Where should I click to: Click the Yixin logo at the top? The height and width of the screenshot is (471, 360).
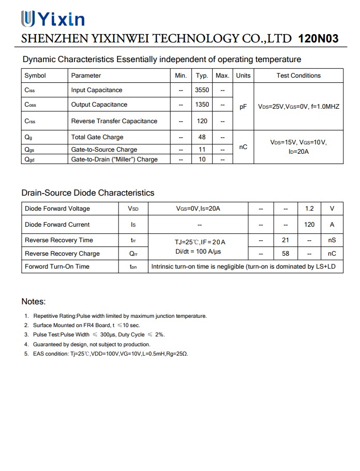point(52,19)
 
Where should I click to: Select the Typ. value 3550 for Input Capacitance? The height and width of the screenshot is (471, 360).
point(202,90)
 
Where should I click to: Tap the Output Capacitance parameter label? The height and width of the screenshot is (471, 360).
point(99,105)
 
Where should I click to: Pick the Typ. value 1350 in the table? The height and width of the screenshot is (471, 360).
point(202,105)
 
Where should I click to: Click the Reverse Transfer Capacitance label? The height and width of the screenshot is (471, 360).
point(114,121)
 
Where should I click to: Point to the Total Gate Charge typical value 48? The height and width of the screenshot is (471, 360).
point(202,137)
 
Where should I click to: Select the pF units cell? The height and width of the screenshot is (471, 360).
point(243,107)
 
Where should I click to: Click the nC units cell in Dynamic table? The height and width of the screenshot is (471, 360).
point(243,147)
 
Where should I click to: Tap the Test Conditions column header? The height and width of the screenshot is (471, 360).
point(298,76)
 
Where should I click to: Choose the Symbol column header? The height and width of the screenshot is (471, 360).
point(35,76)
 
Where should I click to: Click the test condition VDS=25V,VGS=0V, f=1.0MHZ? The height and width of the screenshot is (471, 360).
point(298,107)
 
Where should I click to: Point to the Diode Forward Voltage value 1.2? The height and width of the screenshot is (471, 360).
point(309,209)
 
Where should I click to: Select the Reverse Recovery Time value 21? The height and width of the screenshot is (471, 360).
point(286,240)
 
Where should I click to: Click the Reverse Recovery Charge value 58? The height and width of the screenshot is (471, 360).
point(286,254)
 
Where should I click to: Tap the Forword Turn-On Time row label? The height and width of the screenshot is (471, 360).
point(57,267)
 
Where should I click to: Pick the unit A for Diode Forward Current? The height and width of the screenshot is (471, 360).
point(332,225)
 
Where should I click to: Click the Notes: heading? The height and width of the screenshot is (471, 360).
point(34,302)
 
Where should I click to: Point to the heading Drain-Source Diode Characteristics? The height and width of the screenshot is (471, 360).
point(88,193)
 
